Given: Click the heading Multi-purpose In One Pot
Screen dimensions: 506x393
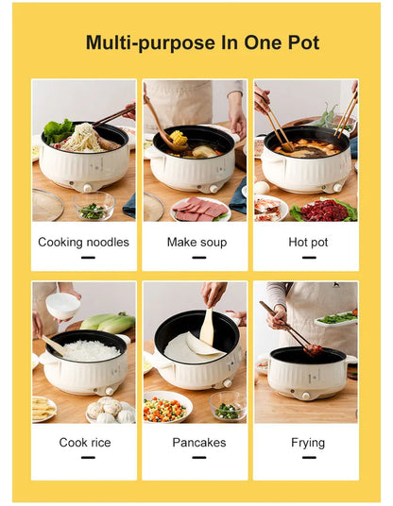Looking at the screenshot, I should point(202,42).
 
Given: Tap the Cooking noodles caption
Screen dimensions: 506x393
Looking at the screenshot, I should point(83,242).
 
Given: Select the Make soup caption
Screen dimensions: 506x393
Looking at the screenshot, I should point(196,242).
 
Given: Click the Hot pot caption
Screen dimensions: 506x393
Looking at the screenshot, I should point(308,242).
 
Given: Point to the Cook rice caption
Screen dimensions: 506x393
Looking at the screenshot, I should point(85,442).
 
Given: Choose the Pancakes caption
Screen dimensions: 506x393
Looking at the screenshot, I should point(198,442).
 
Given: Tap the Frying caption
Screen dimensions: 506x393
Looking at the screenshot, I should point(308,442).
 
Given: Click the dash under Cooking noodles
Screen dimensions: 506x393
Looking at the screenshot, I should point(87,258).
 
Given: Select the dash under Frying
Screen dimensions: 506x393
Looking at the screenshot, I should point(308,458).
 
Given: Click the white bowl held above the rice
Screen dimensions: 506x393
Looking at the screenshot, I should point(62,304).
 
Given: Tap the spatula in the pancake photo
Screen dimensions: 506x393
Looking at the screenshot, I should point(207,327).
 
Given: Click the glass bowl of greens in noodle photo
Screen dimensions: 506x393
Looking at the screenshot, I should point(94,209).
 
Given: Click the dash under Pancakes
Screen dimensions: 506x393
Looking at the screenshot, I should point(199,458).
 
